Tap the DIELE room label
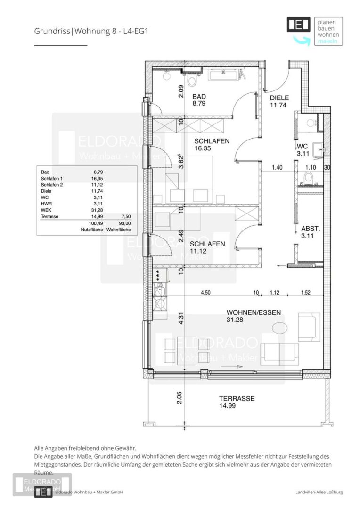pos(279,98)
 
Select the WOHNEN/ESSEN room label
pos(254,312)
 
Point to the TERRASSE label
pos(237,398)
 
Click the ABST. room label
pos(311,229)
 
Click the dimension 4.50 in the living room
pos(205,293)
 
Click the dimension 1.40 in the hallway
pos(277,167)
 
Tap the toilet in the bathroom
pos(191,82)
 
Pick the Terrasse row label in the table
pos(50,217)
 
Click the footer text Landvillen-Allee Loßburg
pos(316,492)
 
